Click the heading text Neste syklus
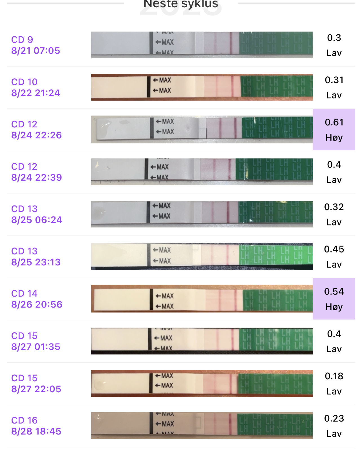click(x=181, y=4)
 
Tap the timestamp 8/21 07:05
click(x=36, y=51)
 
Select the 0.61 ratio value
click(x=334, y=122)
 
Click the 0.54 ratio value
click(x=334, y=291)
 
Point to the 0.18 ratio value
click(x=334, y=376)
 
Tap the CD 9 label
click(x=22, y=39)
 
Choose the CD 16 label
click(x=24, y=420)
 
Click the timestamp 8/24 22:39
click(x=36, y=178)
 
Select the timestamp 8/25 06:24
click(x=37, y=220)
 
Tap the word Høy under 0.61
click(x=334, y=138)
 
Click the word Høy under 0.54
click(x=334, y=307)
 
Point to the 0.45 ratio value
click(x=334, y=249)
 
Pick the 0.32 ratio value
click(x=334, y=207)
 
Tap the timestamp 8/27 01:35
click(x=36, y=347)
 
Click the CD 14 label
click(x=24, y=293)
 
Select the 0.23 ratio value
click(x=334, y=418)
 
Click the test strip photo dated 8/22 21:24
click(x=202, y=87)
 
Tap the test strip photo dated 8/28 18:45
click(x=202, y=425)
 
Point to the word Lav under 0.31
click(x=334, y=95)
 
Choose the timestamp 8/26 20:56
click(x=37, y=304)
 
